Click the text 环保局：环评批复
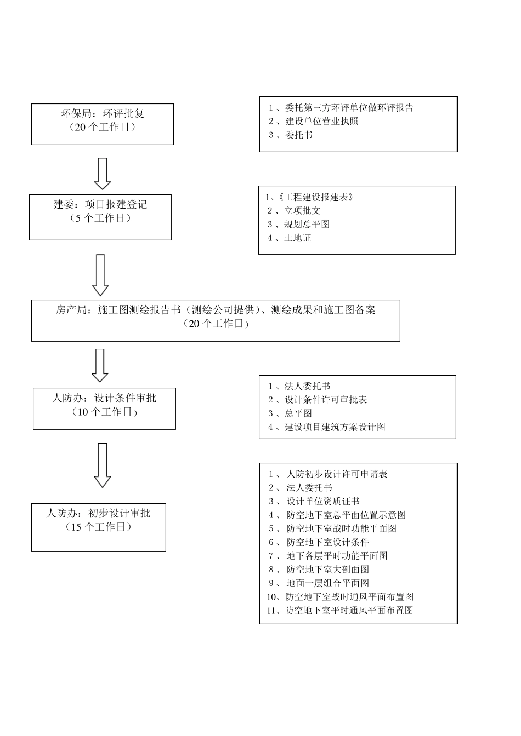[103, 113]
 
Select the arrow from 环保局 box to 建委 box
[103, 174]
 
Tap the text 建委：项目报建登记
[100, 204]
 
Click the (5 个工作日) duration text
[100, 218]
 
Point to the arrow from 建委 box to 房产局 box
[100, 274]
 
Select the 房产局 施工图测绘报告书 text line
[216, 309]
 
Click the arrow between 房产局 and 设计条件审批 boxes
[100, 365]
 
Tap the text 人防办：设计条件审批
[104, 398]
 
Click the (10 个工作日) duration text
[104, 412]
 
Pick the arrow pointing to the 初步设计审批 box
[103, 465]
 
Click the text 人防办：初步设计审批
[99, 513]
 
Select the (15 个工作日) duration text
[99, 527]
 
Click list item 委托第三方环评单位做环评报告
[349, 108]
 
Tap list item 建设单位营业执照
[321, 122]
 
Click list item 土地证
[297, 238]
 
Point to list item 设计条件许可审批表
[325, 400]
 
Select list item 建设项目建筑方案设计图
[335, 427]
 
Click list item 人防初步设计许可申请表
[337, 474]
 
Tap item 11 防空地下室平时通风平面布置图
[349, 611]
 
